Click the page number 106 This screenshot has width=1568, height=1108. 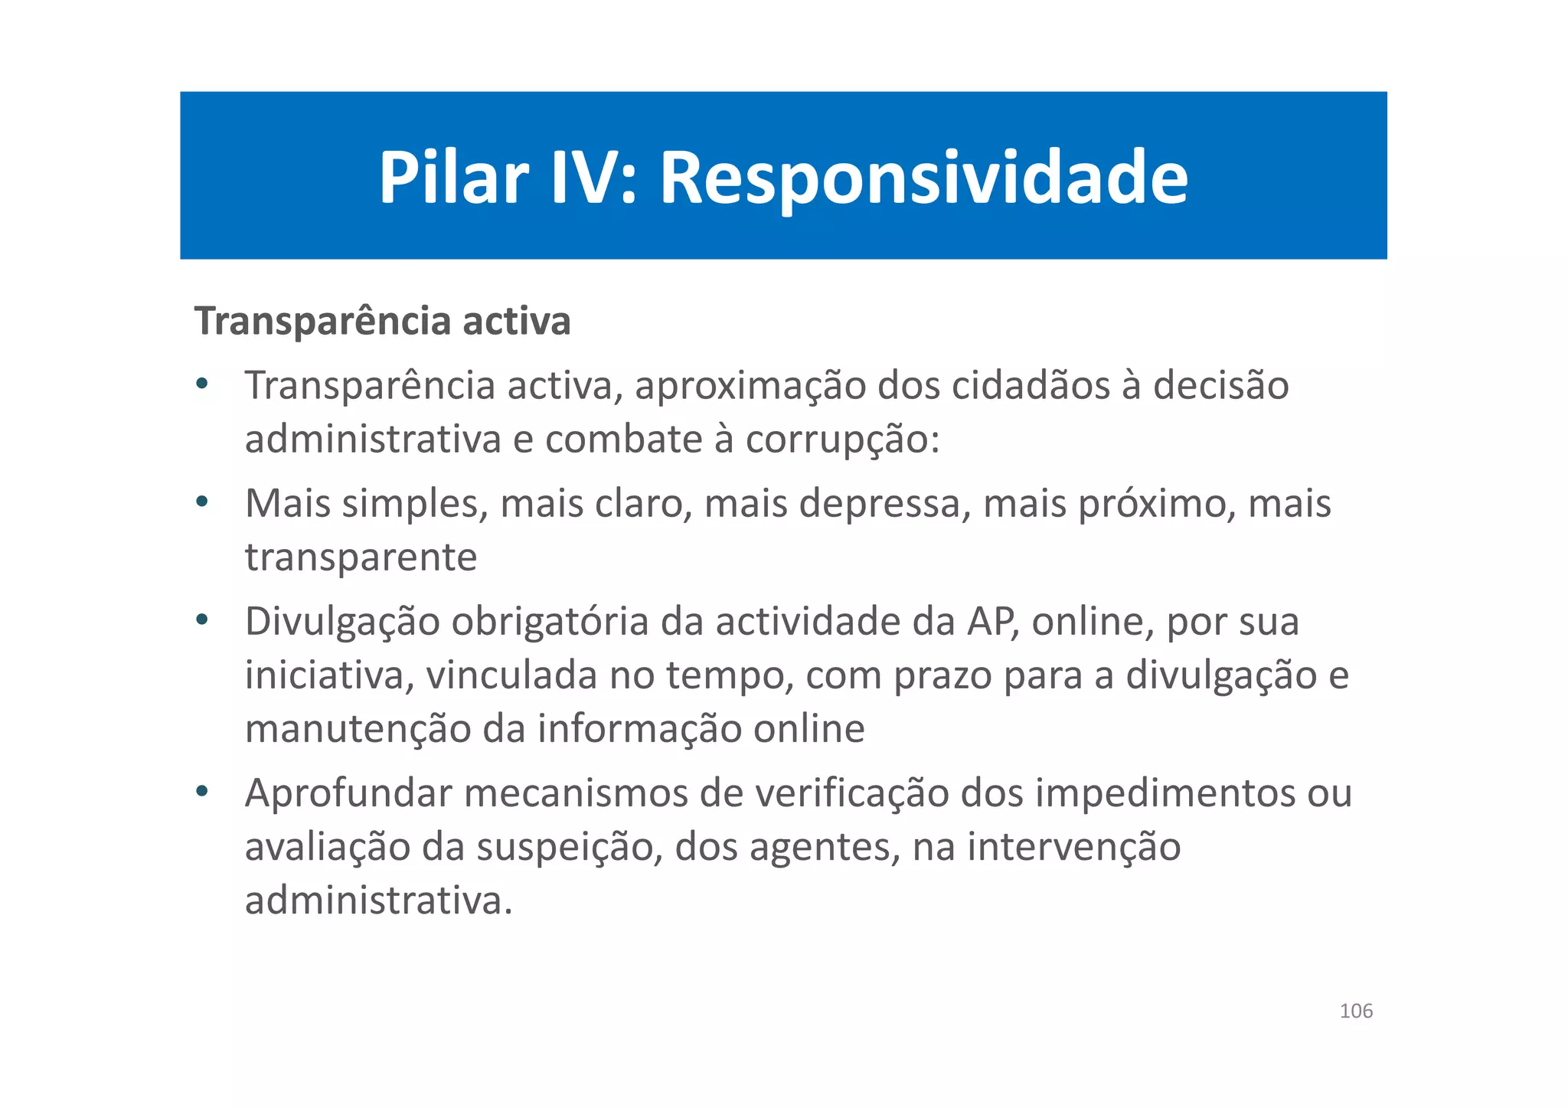[1356, 1011]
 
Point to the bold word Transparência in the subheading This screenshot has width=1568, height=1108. [322, 321]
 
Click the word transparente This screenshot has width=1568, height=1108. [361, 557]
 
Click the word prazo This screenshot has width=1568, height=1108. [942, 675]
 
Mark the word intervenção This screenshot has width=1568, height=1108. [1073, 847]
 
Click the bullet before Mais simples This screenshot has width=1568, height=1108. [201, 502]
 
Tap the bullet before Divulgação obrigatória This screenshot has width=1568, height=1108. [201, 619]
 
